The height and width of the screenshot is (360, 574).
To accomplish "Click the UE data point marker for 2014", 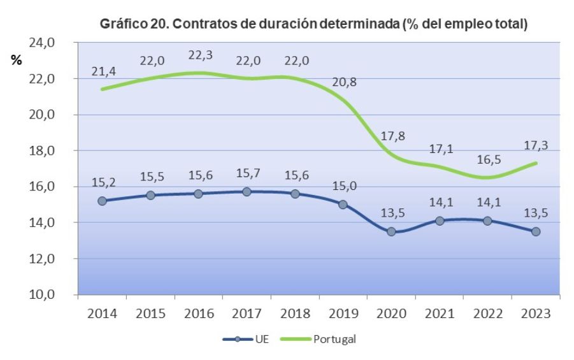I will tap(102, 201).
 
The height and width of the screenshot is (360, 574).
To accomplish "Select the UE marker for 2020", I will tap(391, 231).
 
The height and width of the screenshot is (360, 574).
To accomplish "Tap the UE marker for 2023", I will tap(536, 231).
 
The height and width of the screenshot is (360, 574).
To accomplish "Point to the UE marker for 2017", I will tap(247, 192).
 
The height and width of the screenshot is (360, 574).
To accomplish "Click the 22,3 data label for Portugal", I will tap(200, 55).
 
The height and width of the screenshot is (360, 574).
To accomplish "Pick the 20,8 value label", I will tap(344, 82).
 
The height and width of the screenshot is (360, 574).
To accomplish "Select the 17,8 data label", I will tap(392, 136).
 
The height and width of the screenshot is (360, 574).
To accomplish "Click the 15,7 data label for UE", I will tap(247, 173).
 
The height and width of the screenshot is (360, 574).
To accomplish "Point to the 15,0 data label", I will tap(344, 186).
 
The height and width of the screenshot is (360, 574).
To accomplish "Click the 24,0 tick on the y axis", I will tap(43, 43).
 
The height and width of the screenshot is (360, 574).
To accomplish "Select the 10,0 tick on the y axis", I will tap(43, 295).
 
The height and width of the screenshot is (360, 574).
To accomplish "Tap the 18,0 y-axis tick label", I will tap(43, 151).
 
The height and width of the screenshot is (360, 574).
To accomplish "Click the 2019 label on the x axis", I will tap(343, 313).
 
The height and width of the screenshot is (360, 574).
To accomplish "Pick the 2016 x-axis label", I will tap(199, 313).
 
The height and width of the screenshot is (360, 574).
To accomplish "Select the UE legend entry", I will tap(246, 339).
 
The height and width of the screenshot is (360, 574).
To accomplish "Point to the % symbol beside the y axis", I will tap(16, 61).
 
